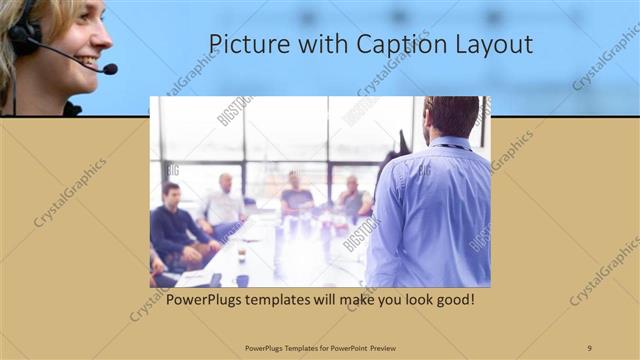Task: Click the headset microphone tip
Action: click(x=110, y=69)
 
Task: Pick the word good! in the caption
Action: click(x=452, y=300)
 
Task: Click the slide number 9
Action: click(x=589, y=347)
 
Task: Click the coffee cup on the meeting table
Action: click(x=242, y=257)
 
